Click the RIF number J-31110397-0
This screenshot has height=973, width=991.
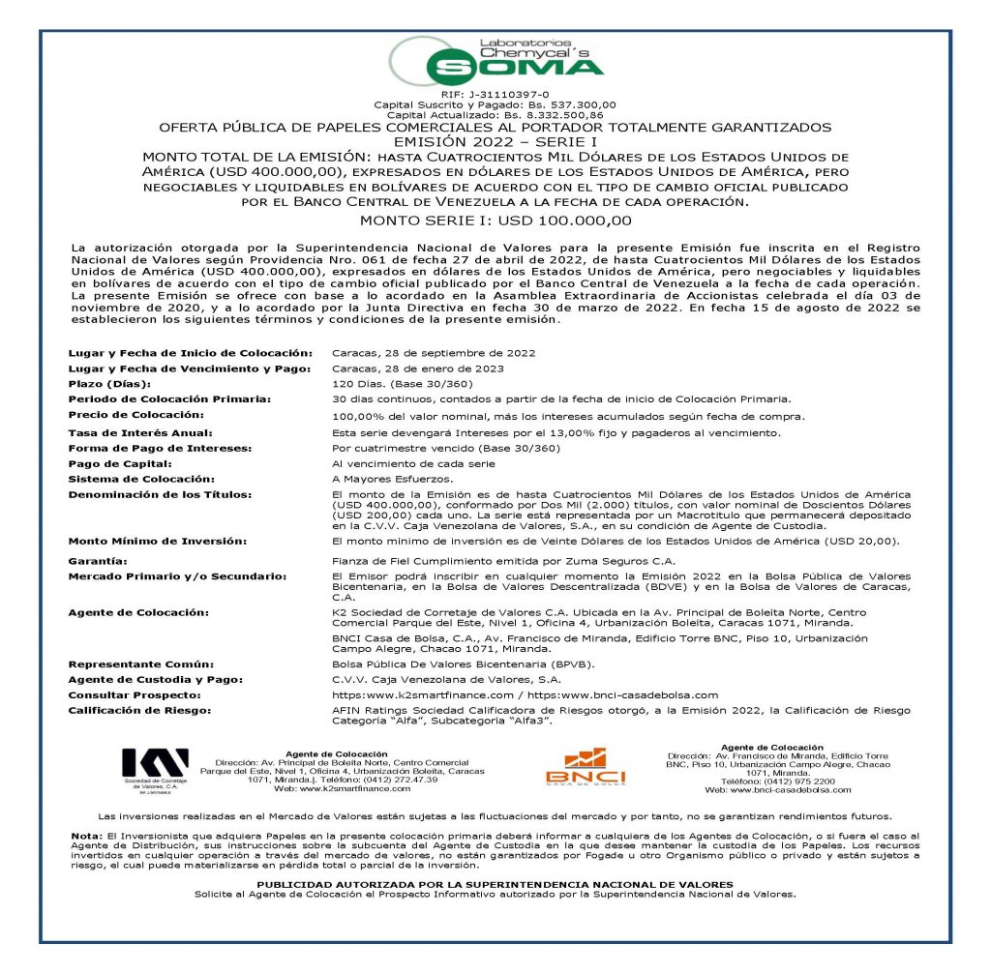pos(495,94)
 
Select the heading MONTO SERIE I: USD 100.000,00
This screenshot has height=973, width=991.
pos(495,221)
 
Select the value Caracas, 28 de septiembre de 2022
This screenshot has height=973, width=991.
pos(433,353)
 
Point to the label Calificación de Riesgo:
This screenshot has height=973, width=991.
pos(139,710)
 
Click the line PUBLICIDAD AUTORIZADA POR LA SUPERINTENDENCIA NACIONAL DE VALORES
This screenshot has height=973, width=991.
pos(495,885)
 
